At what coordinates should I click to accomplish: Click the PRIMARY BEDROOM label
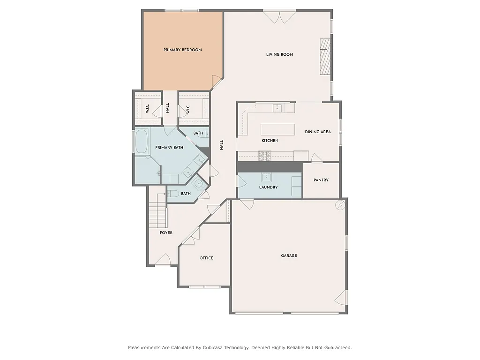182,50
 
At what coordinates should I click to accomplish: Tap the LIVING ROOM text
279,54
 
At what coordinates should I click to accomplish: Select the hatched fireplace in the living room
325,56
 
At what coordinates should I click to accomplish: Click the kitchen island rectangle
278,129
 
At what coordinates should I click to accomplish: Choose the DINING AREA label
318,132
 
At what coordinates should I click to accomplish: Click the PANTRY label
321,180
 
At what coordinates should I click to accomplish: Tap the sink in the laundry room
266,177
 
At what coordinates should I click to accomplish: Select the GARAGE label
289,255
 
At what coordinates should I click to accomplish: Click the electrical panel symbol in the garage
340,205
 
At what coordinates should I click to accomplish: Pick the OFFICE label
206,258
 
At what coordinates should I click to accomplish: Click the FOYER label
166,232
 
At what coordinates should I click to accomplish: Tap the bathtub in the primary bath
142,141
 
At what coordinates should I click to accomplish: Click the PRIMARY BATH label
169,148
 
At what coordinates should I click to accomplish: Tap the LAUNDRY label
268,187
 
